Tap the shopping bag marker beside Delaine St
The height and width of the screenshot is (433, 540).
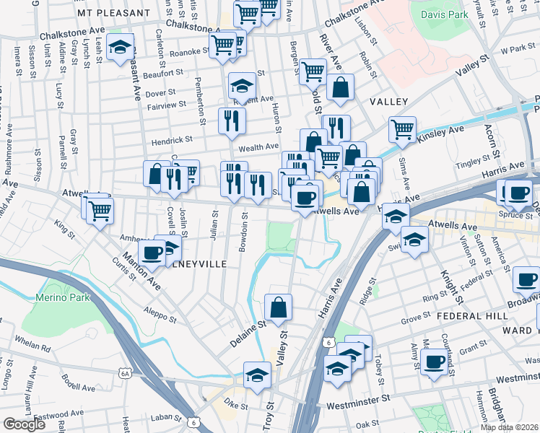pyautogui.click(x=278, y=307)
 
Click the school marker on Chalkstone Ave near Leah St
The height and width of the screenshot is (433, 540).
pyautogui.click(x=119, y=48)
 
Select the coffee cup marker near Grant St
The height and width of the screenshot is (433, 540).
pyautogui.click(x=434, y=362)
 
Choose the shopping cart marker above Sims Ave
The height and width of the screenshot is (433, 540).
pyautogui.click(x=402, y=130)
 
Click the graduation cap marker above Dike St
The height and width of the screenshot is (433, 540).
pyautogui.click(x=257, y=375)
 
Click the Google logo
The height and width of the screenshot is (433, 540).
pyautogui.click(x=24, y=424)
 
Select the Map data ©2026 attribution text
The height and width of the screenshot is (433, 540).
pyautogui.click(x=509, y=427)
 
